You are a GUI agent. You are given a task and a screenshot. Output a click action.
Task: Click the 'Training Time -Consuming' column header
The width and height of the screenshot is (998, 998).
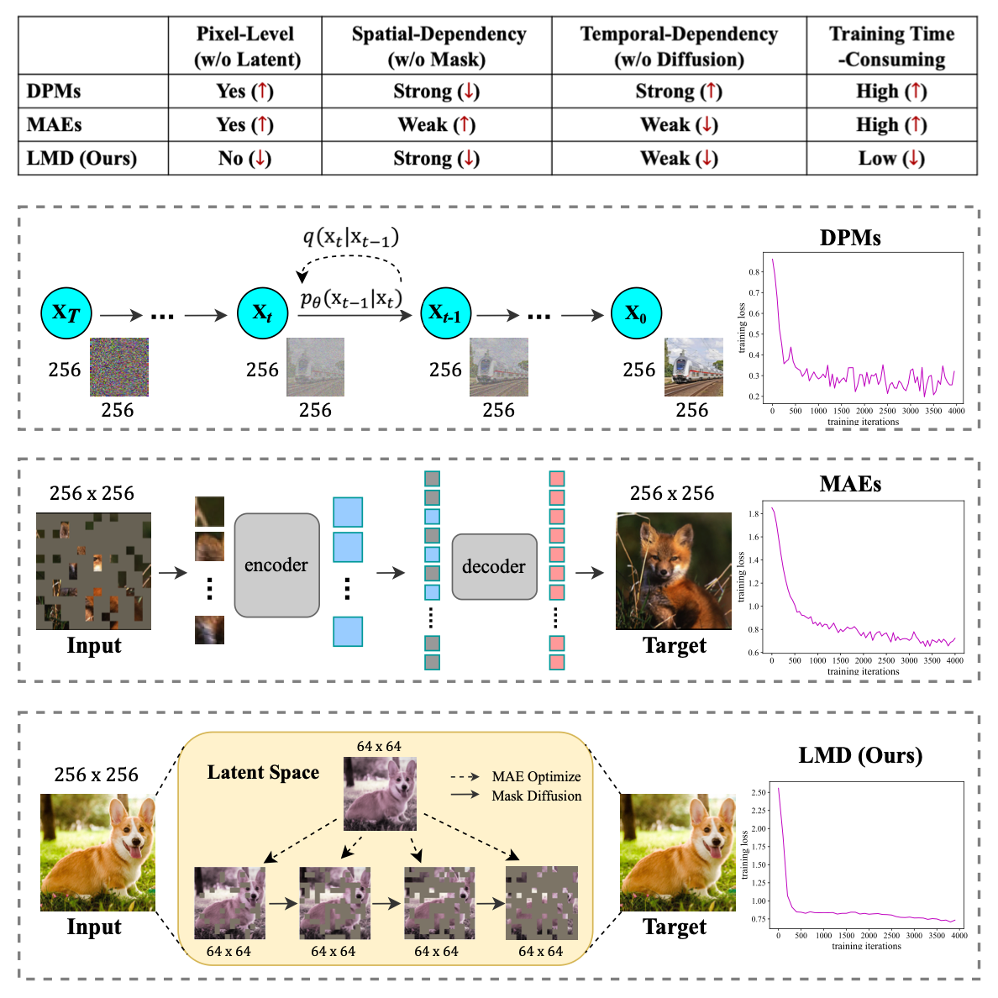[x=891, y=46]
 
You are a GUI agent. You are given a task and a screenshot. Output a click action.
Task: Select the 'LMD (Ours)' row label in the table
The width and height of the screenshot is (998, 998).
[x=81, y=158]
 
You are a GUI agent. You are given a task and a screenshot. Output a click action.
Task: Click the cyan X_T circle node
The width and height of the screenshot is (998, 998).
[x=66, y=313]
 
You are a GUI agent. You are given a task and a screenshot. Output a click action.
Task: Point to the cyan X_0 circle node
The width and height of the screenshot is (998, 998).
[x=636, y=313]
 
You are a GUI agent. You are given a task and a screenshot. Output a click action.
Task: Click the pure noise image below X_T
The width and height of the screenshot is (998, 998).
[x=119, y=367]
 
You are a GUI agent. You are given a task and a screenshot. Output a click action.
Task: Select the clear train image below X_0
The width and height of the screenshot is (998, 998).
[x=693, y=367]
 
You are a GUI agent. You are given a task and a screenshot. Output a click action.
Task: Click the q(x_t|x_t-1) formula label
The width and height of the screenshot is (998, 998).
[x=350, y=237]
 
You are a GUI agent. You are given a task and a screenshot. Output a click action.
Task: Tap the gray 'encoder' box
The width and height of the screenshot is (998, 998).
[x=276, y=565]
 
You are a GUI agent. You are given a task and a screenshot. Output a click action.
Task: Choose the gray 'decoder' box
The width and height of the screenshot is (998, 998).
[x=494, y=566]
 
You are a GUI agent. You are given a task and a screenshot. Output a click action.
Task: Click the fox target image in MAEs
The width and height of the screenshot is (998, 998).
[x=674, y=571]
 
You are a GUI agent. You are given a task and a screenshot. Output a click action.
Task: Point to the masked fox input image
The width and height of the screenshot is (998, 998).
[x=93, y=571]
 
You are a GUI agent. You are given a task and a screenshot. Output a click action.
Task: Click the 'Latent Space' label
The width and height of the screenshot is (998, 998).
[x=263, y=772]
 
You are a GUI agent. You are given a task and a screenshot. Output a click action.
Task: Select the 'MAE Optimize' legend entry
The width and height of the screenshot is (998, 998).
[x=535, y=776]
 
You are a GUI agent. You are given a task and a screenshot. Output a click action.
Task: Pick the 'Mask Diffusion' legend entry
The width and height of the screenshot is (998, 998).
[x=535, y=796]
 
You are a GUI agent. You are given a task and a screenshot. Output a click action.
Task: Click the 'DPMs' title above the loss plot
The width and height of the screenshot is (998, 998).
[x=850, y=239]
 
